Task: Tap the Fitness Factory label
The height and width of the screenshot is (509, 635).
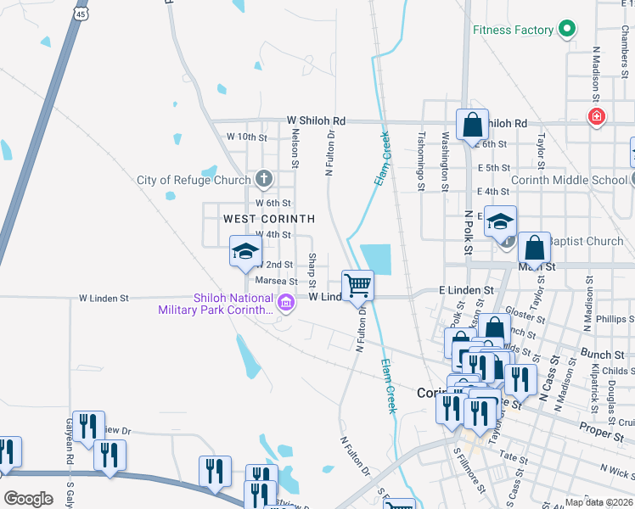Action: [x=514, y=31]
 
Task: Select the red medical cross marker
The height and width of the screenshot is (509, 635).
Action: [x=597, y=115]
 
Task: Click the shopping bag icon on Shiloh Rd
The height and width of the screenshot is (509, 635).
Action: [x=472, y=126]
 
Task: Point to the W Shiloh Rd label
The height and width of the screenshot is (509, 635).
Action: [x=316, y=121]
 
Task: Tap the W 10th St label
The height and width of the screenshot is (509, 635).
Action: [x=246, y=137]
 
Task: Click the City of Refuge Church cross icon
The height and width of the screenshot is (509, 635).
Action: [x=264, y=179]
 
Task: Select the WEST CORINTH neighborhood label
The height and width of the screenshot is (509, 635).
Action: [x=269, y=219]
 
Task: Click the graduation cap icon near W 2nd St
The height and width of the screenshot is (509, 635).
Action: [x=245, y=252]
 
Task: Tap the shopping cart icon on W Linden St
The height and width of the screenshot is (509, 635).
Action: [x=357, y=285]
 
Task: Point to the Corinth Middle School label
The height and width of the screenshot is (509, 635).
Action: [x=569, y=180]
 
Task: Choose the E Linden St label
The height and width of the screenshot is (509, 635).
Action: [x=466, y=290]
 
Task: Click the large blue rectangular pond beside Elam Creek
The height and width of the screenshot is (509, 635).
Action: [x=376, y=259]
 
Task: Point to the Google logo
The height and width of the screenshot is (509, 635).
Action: [x=28, y=499]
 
